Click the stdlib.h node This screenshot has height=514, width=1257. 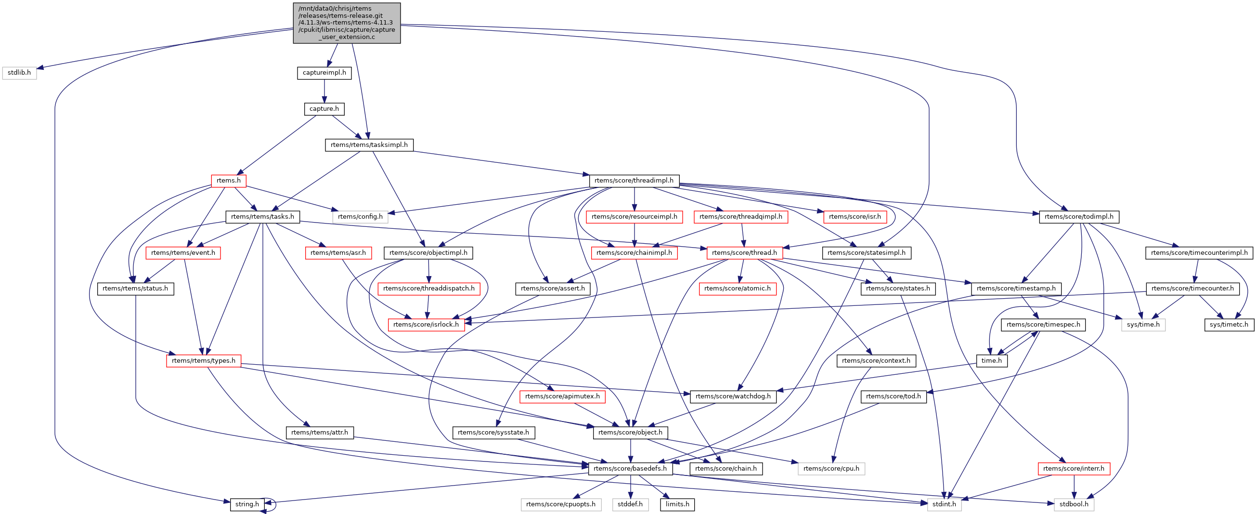pyautogui.click(x=19, y=73)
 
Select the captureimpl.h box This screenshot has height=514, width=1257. pyautogui.click(x=324, y=73)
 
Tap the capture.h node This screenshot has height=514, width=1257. pyautogui.click(x=324, y=109)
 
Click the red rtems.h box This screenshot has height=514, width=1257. pyautogui.click(x=228, y=181)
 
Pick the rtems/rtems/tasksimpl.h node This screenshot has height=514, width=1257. pyautogui.click(x=369, y=145)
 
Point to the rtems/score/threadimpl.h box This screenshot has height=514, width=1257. pyautogui.click(x=634, y=181)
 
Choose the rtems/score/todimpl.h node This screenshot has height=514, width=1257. pyautogui.click(x=1078, y=217)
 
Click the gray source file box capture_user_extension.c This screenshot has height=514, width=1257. pyautogui.click(x=347, y=23)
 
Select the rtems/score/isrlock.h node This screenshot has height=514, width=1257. pyautogui.click(x=426, y=325)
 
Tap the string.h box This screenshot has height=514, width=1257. pyautogui.click(x=247, y=504)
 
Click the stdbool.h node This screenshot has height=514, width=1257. pyautogui.click(x=1074, y=504)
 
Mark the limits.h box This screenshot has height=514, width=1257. pyautogui.click(x=677, y=504)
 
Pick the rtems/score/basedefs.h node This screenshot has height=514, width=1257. pyautogui.click(x=630, y=469)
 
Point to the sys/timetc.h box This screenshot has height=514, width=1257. pyautogui.click(x=1228, y=325)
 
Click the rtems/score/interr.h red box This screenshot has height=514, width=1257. pyautogui.click(x=1074, y=469)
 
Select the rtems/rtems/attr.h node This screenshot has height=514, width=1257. pyautogui.click(x=320, y=433)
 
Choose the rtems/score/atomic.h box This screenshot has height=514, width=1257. pyautogui.click(x=737, y=289)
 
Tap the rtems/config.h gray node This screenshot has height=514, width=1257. pyautogui.click(x=360, y=217)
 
